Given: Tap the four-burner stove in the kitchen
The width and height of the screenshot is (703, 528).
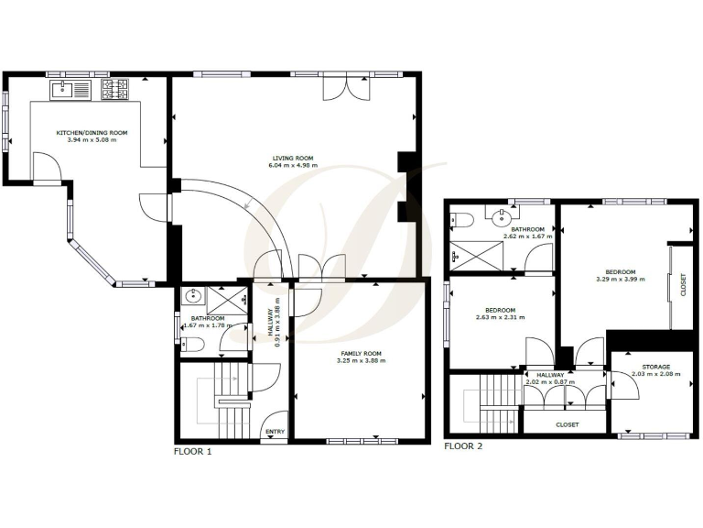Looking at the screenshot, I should pyautogui.click(x=116, y=89).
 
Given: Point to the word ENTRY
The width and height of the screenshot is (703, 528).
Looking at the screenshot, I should pyautogui.click(x=275, y=432).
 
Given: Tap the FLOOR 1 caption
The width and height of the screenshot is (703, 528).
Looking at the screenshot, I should pyautogui.click(x=193, y=451).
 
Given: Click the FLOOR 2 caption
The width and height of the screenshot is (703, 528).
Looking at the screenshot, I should pyautogui.click(x=463, y=446).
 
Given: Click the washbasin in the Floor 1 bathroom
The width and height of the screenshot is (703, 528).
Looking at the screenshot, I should pyautogui.click(x=193, y=297).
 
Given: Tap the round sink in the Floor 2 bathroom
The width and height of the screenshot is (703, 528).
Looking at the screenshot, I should pyautogui.click(x=501, y=217).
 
